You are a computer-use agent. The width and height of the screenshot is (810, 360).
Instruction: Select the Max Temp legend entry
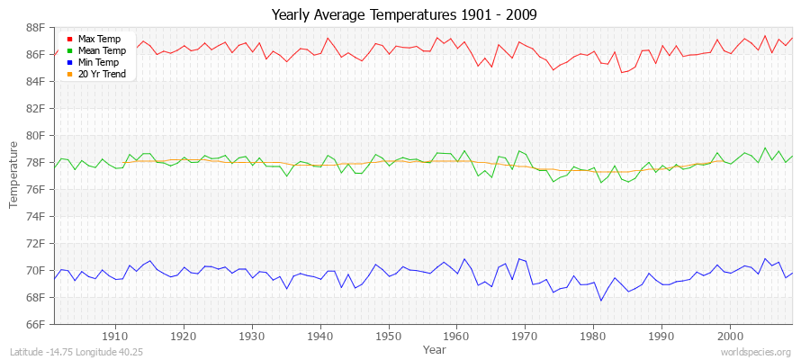99,39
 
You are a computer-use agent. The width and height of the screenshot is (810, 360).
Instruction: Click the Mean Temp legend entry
101,50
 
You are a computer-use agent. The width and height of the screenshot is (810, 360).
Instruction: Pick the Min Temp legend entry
99,62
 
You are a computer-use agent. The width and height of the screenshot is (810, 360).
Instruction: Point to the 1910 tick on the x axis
115,335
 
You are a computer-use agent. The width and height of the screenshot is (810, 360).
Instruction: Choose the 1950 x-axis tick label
388,335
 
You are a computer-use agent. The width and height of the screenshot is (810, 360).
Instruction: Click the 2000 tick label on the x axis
729,335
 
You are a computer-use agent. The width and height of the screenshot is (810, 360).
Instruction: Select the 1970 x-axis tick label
525,335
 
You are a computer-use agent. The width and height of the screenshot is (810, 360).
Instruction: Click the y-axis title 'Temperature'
14,175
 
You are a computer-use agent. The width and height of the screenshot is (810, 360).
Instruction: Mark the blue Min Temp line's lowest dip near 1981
601,300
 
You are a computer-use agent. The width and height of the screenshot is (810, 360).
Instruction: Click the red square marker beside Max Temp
69,39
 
